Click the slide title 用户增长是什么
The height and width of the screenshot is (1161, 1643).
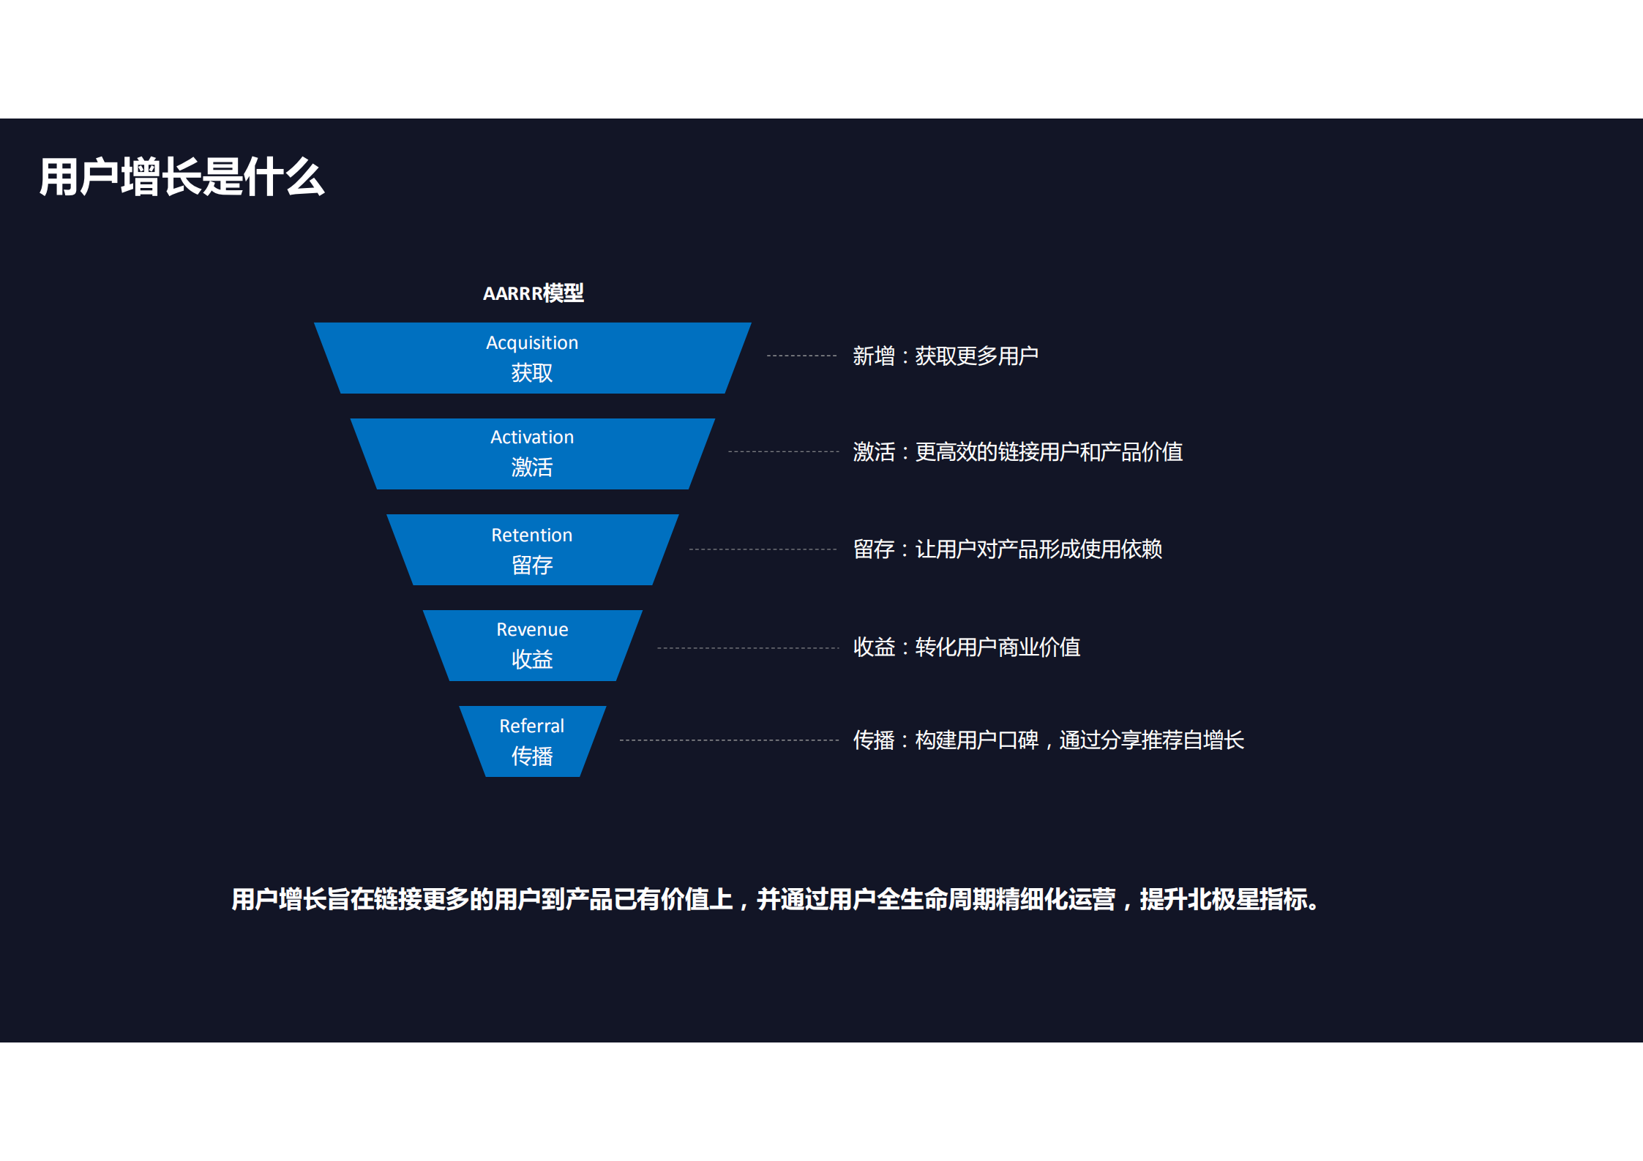tap(181, 177)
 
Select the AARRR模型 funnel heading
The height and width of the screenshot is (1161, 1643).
tap(533, 293)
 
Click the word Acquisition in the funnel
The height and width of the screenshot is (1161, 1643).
tap(532, 342)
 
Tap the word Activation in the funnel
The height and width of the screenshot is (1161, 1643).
tap(532, 437)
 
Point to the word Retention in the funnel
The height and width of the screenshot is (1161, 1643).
tap(532, 535)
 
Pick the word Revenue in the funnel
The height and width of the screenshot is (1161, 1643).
tap(532, 629)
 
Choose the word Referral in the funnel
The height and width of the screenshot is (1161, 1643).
tap(532, 726)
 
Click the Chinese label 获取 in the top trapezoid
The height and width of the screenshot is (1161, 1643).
tap(532, 373)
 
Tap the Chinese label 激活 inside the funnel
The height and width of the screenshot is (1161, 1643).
tap(532, 467)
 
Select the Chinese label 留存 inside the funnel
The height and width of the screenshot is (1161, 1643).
tap(532, 565)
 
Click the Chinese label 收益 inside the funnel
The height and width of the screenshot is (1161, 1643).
tap(532, 659)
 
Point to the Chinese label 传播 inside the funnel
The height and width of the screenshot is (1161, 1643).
tap(532, 756)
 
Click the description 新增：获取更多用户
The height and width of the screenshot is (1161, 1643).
tap(946, 356)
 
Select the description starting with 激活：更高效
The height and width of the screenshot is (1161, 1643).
tap(1017, 452)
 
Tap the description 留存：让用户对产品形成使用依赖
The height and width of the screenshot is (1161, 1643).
tap(1007, 549)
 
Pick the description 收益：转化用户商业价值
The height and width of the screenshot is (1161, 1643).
tap(966, 647)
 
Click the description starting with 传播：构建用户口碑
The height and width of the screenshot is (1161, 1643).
tap(1048, 740)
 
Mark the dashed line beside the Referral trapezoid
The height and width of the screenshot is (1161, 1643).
tap(728, 740)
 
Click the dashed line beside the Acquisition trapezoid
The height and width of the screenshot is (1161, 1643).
tap(801, 356)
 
